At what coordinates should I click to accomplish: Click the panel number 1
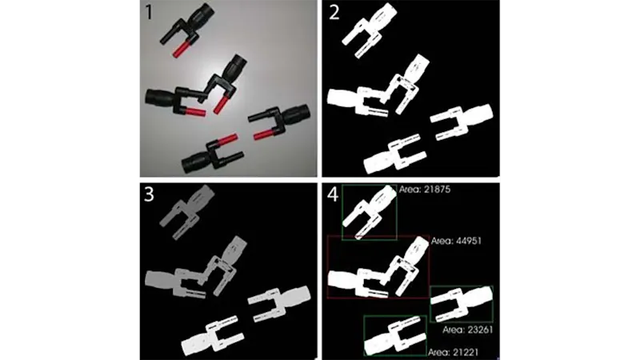coord(149,12)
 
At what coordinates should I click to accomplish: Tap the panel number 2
coord(334,12)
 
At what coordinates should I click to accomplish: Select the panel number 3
coord(149,194)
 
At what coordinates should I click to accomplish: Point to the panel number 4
coord(333,194)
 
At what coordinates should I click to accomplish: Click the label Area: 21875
coord(425,190)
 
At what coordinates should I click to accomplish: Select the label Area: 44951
coord(456,241)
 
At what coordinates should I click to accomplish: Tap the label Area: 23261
coord(468,330)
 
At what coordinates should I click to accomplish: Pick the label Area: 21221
coord(453,352)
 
